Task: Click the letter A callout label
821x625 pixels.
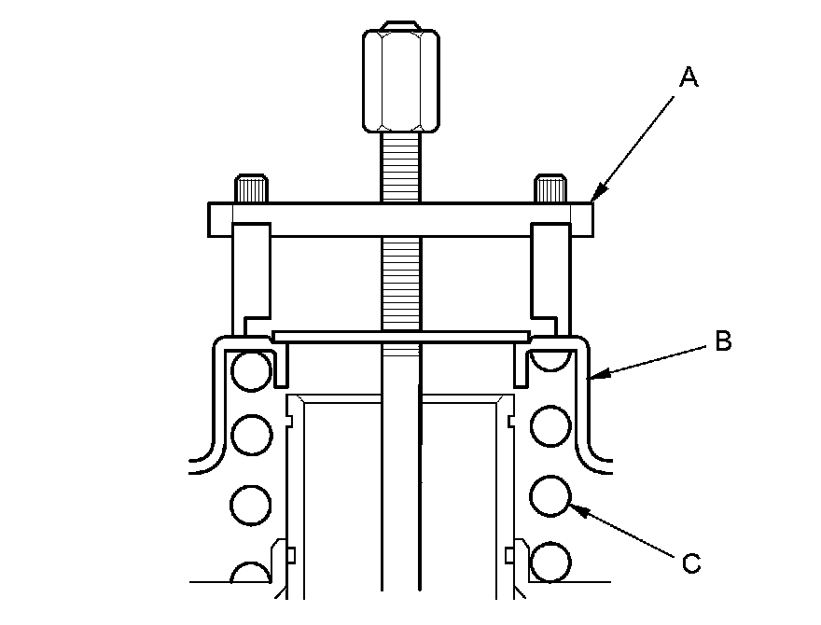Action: coord(689,76)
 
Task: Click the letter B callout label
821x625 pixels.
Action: coord(723,340)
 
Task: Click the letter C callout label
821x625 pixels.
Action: coord(691,563)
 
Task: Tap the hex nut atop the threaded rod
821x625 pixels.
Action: coord(401,76)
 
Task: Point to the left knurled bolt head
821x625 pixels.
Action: coord(252,189)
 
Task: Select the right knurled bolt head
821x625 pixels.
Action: coord(550,189)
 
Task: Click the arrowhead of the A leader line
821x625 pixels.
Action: coord(597,195)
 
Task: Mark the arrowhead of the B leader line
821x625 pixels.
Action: coord(596,374)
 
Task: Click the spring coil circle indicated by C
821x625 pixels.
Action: coord(550,496)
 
